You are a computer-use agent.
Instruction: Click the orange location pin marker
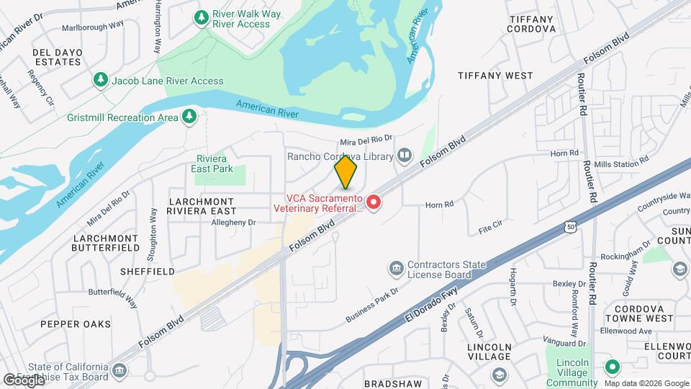pos(346,173)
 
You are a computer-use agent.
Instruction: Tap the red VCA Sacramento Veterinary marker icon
pos(374,203)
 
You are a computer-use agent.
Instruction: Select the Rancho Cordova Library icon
pos(405,156)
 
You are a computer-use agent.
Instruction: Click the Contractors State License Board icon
pos(396,269)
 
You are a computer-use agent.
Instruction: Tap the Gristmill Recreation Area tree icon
pos(189,116)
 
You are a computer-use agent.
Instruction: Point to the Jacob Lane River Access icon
pos(101,80)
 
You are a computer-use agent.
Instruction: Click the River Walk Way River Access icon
pos(202,17)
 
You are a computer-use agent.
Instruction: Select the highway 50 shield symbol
pos(571,227)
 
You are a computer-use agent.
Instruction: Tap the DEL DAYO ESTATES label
pos(56,56)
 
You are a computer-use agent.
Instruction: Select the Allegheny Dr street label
pos(233,223)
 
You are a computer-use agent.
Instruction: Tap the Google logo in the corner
pos(23,379)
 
